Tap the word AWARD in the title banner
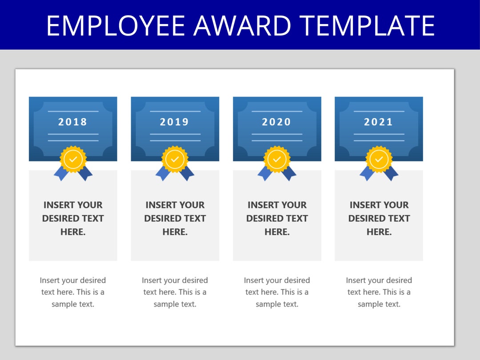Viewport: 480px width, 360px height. click(242, 25)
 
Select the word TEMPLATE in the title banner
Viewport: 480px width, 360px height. click(367, 25)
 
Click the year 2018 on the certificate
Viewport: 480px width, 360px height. click(73, 122)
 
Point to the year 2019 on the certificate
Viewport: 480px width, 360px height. click(175, 122)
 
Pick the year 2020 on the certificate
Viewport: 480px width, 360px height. click(276, 122)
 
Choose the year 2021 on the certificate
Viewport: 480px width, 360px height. click(379, 122)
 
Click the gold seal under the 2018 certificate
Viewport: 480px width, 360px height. click(73, 159)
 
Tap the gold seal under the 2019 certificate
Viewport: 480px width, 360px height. click(175, 159)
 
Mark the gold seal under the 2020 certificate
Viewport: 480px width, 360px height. click(277, 159)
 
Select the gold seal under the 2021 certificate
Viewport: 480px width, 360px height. click(379, 159)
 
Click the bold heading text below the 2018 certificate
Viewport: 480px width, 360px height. click(73, 218)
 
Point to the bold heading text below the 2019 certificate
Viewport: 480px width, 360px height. click(175, 218)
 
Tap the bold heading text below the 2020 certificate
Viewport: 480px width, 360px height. click(277, 218)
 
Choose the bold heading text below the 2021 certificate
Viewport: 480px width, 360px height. click(379, 218)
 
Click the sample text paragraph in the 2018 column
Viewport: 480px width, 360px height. click(73, 292)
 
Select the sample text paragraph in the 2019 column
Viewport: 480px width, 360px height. click(175, 292)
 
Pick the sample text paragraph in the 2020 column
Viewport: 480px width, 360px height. click(277, 292)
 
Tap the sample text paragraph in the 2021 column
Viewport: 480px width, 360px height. click(379, 292)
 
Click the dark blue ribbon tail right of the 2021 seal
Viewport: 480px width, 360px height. click(392, 174)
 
